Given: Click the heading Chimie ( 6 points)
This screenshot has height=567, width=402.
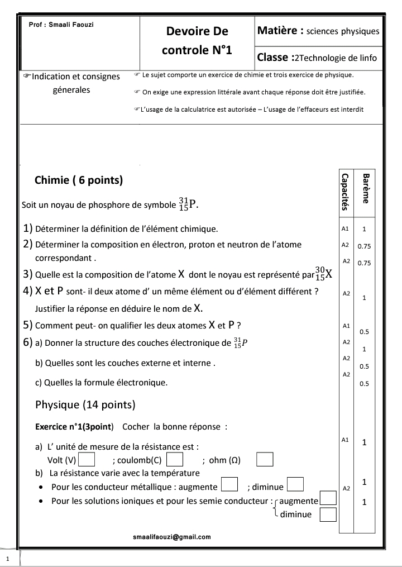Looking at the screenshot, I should pyautogui.click(x=79, y=180).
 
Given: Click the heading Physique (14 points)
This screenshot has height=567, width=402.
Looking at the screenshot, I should pyautogui.click(x=85, y=404).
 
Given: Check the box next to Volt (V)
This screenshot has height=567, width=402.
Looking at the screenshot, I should pyautogui.click(x=87, y=460).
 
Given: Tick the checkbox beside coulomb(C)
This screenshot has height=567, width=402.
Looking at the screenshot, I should pyautogui.click(x=175, y=460).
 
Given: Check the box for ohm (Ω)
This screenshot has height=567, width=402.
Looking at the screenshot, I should pyautogui.click(x=265, y=460).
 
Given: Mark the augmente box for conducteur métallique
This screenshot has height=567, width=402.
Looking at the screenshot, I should pyautogui.click(x=229, y=484).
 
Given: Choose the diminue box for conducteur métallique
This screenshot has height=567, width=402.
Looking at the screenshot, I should pyautogui.click(x=295, y=484).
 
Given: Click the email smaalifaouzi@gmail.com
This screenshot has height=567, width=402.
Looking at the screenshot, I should pyautogui.click(x=172, y=537).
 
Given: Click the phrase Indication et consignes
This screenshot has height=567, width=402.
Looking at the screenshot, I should pyautogui.click(x=76, y=77).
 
